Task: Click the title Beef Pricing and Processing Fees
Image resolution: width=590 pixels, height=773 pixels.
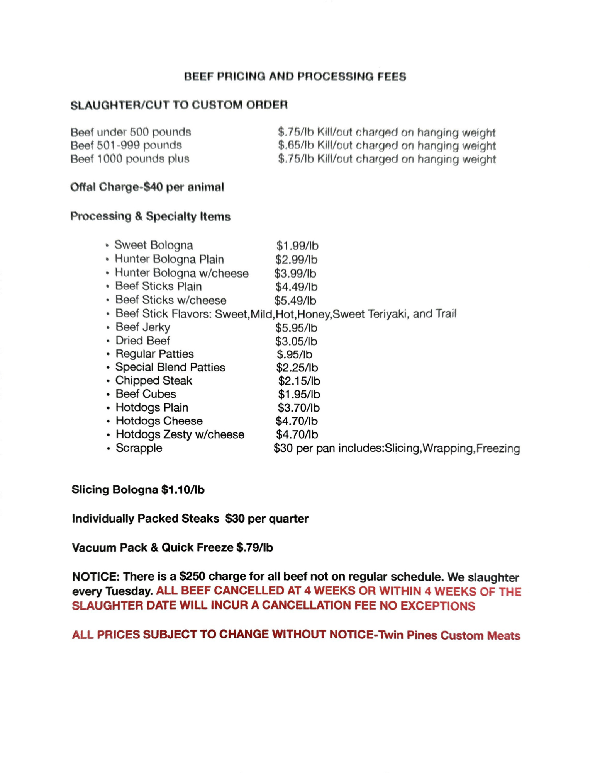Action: (x=295, y=77)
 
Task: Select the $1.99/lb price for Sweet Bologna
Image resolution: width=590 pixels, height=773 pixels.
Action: (x=297, y=246)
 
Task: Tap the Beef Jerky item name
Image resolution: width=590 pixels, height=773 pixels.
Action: (x=143, y=327)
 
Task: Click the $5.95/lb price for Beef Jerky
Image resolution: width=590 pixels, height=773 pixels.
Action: (x=296, y=328)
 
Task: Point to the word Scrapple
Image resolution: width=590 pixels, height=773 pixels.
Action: (x=139, y=448)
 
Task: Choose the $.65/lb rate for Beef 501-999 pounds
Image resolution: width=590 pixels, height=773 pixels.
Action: (x=296, y=146)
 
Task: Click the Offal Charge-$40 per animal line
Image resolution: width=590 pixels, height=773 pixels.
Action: (x=147, y=187)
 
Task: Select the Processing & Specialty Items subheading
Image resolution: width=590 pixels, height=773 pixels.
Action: (x=151, y=216)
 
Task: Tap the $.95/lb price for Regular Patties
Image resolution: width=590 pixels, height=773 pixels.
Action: (x=294, y=354)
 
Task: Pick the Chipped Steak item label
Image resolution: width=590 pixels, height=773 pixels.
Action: (x=154, y=381)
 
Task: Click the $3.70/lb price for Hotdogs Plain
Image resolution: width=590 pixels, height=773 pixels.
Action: (x=298, y=408)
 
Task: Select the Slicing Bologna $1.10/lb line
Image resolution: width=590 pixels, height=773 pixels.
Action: (x=138, y=490)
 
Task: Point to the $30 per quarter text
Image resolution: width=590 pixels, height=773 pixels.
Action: (x=267, y=519)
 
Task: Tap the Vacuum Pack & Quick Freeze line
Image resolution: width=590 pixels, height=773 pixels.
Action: (x=172, y=548)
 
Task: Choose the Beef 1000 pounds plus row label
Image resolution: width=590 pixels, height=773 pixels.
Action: (x=130, y=159)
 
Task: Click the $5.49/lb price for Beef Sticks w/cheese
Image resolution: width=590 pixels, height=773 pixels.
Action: (x=295, y=301)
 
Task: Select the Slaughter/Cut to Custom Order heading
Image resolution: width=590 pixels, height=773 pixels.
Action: (x=179, y=105)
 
